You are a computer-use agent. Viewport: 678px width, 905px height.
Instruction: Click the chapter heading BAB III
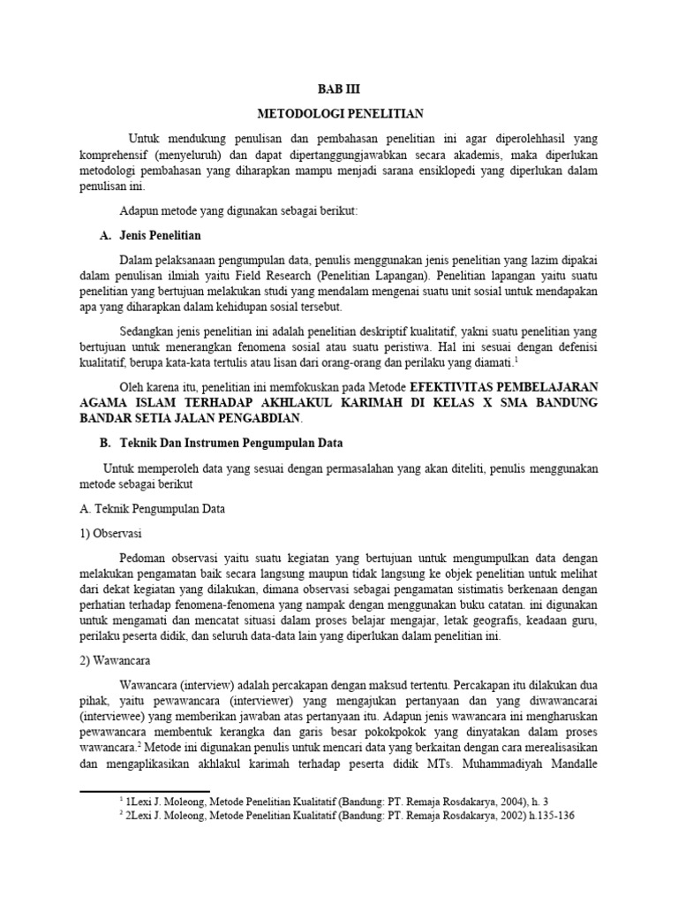click(339, 90)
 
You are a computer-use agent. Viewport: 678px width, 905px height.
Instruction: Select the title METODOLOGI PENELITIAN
click(339, 114)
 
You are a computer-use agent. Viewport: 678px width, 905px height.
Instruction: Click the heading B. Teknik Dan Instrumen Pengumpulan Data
click(222, 442)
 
